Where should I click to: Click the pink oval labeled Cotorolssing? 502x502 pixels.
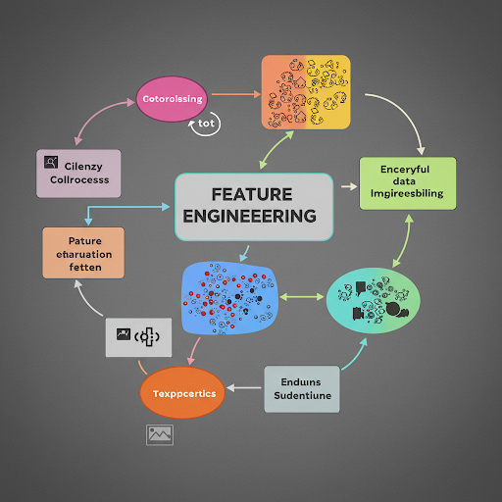click(x=172, y=99)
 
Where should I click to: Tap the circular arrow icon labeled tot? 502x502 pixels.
click(x=206, y=124)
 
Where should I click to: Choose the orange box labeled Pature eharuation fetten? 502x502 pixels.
click(x=83, y=253)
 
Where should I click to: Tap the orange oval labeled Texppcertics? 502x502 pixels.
click(x=182, y=394)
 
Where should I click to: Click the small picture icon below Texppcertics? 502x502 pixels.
click(x=160, y=433)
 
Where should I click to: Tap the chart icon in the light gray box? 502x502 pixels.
click(x=125, y=335)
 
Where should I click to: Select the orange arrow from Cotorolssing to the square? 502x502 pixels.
click(x=234, y=94)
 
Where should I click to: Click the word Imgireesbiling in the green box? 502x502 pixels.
click(x=408, y=194)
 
